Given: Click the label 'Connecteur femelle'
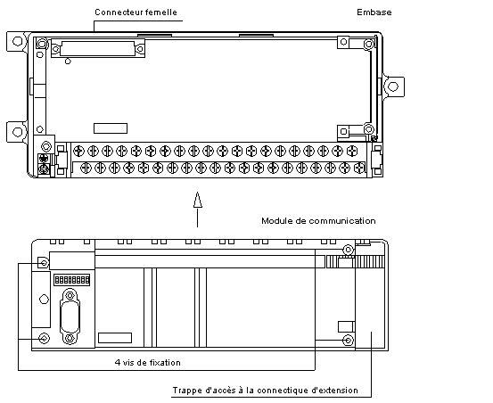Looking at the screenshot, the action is (x=136, y=12).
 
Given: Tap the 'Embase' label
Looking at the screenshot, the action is (x=374, y=12).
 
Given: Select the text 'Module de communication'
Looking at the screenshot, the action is (x=318, y=221).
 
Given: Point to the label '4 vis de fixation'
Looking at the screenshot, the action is (x=148, y=363).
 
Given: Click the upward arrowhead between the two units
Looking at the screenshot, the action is (x=197, y=200).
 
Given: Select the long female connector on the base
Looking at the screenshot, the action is (x=98, y=48).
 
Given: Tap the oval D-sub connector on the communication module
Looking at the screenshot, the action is (x=70, y=317).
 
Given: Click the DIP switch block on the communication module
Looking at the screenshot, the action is (x=71, y=280).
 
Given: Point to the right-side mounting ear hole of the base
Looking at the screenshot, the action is (x=393, y=86).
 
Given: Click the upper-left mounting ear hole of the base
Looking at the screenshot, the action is (x=18, y=41).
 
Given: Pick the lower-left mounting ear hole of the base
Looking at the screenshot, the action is (x=18, y=132).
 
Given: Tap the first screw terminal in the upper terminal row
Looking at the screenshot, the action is (x=78, y=152).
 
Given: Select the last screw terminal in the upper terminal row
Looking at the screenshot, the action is (x=352, y=152).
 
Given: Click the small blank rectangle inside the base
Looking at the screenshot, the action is (x=111, y=128).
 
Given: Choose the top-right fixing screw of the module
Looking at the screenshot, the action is (x=348, y=250).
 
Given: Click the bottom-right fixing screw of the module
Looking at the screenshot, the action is (x=348, y=340).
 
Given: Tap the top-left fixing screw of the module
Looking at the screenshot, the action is (x=44, y=262).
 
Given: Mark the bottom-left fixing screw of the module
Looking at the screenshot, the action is (x=44, y=339).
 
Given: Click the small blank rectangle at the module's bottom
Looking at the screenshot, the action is (x=115, y=338).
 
